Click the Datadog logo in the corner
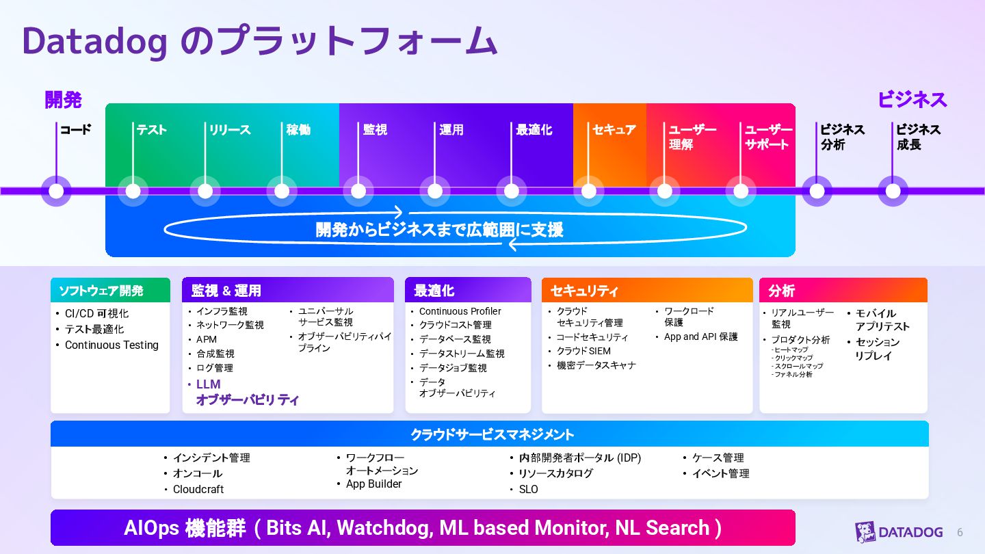[899, 532]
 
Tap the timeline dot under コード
[56, 191]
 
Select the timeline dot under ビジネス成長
[893, 191]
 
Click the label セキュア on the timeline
[614, 130]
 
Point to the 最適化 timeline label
[534, 130]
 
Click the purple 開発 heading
[63, 100]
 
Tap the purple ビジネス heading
[912, 100]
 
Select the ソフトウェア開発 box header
[110, 291]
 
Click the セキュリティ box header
[646, 291]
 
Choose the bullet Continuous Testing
[111, 345]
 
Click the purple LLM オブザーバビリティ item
[247, 392]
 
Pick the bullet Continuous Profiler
[460, 311]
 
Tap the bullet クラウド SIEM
[583, 351]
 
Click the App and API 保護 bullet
[700, 337]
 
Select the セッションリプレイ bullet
[878, 349]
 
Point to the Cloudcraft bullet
[198, 490]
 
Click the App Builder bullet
[373, 484]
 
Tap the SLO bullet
[528, 490]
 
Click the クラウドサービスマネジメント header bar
[490, 434]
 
